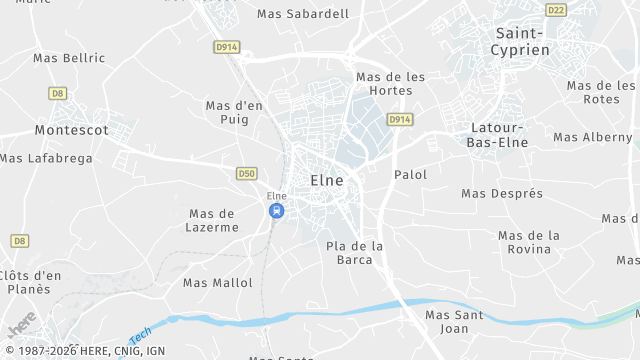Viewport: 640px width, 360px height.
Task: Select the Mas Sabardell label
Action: (x=303, y=14)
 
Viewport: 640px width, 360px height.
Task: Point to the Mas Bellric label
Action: (x=68, y=58)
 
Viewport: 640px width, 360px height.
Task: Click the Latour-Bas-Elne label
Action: (x=496, y=135)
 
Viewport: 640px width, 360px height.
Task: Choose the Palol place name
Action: (x=411, y=175)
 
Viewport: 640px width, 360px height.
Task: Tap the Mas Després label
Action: (x=502, y=193)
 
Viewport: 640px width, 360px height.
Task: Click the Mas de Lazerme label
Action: (x=212, y=220)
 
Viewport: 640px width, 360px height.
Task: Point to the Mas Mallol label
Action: (x=218, y=283)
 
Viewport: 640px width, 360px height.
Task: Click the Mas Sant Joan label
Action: (x=454, y=321)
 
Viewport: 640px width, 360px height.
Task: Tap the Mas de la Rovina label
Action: (x=529, y=242)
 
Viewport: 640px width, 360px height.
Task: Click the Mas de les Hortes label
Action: (x=391, y=84)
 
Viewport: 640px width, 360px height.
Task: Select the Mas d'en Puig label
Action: (x=234, y=112)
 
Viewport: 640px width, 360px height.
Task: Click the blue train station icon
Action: (x=276, y=210)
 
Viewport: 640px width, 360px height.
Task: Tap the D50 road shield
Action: (x=247, y=173)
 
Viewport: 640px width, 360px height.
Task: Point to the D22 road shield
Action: (x=556, y=9)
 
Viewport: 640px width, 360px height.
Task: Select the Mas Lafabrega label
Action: (x=46, y=158)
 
